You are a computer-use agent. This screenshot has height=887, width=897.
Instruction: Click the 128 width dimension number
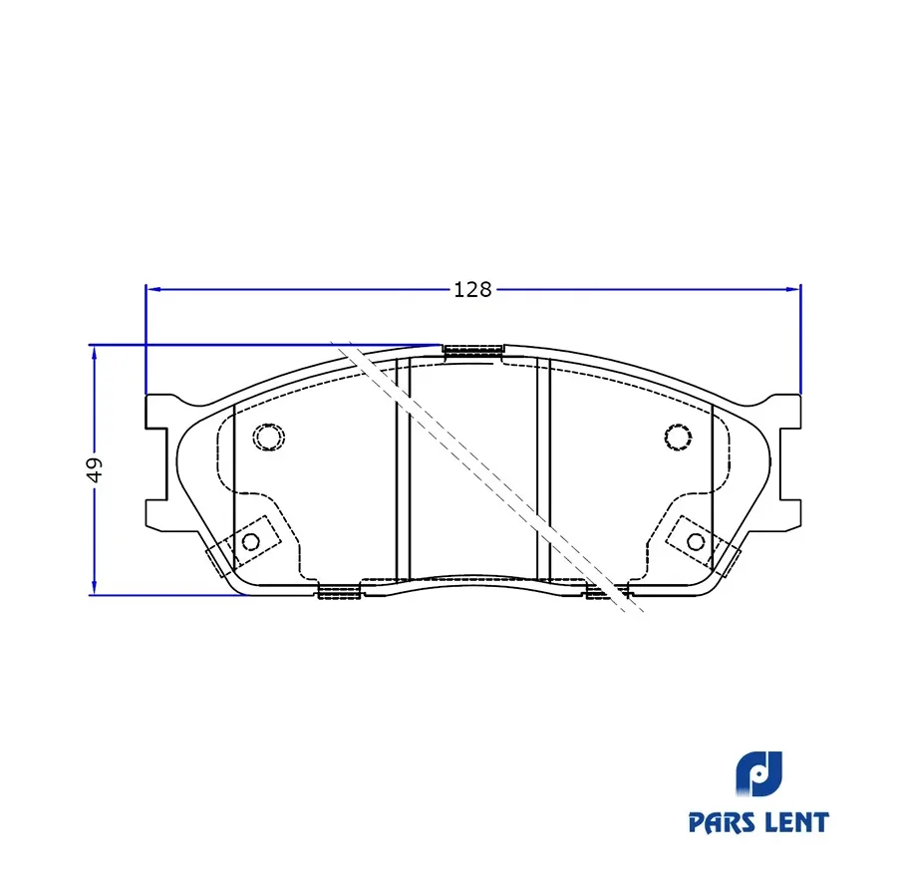pos(472,289)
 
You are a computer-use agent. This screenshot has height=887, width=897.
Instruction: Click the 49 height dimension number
pos(95,469)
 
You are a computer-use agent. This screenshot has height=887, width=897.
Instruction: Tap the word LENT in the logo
pos(796,822)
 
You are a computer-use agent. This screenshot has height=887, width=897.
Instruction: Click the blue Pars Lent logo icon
pos(758,774)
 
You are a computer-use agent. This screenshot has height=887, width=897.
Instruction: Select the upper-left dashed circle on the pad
pos(269,437)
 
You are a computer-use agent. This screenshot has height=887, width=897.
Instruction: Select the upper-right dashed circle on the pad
pos(678,438)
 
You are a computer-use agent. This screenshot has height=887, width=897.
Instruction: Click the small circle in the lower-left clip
pos(251,541)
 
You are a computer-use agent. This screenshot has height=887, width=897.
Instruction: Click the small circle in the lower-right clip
pos(696,541)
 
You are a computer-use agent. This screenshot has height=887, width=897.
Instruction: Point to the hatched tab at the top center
pos(473,351)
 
